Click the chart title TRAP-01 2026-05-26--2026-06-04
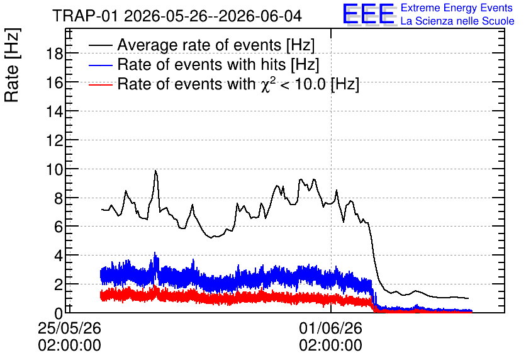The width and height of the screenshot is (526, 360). [177, 16]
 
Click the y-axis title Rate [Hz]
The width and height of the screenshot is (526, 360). [12, 65]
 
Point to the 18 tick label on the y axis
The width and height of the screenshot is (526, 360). [54, 53]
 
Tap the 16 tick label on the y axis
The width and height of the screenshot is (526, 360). [54, 82]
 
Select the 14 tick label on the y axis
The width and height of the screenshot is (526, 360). [54, 111]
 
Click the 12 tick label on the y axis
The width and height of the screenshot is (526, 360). [54, 140]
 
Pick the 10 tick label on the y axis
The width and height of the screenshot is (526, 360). [54, 169]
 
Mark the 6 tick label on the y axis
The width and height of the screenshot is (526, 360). [59, 227]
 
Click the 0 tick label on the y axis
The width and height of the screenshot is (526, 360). [59, 313]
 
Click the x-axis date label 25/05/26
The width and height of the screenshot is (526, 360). [69, 328]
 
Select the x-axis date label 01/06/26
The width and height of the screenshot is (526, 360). [331, 328]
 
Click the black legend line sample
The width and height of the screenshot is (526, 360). [100, 45]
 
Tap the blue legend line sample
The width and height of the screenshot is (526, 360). [100, 65]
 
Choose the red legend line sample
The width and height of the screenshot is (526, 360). [100, 84]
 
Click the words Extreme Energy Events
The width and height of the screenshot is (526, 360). [457, 8]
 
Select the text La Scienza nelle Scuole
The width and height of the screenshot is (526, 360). [457, 21]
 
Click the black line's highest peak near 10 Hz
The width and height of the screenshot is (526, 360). [155, 171]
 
